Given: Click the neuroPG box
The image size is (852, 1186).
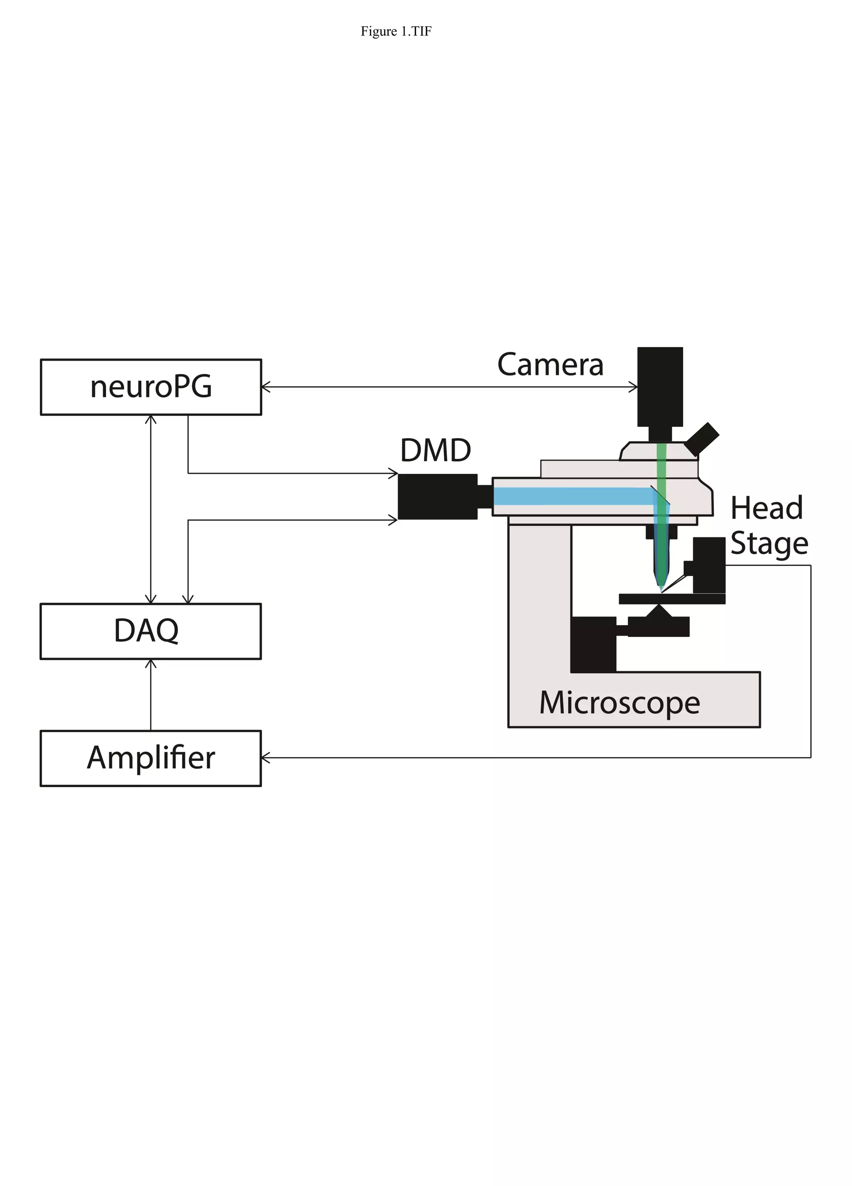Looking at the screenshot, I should pyautogui.click(x=151, y=387).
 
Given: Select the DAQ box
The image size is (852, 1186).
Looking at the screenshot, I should pyautogui.click(x=151, y=631).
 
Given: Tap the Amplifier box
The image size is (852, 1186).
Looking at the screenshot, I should pyautogui.click(x=151, y=758).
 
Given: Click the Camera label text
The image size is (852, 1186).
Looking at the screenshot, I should pyautogui.click(x=550, y=365).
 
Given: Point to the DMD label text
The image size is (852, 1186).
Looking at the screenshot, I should pyautogui.click(x=436, y=450).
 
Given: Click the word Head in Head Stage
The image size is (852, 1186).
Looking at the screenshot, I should pyautogui.click(x=766, y=508).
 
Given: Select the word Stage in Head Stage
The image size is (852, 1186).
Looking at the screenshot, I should pyautogui.click(x=768, y=543).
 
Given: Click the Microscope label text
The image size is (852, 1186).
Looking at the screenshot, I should pyautogui.click(x=619, y=702).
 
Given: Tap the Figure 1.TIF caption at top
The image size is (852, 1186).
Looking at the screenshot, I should pyautogui.click(x=396, y=31).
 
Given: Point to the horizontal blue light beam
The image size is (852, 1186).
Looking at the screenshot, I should pyautogui.click(x=570, y=496).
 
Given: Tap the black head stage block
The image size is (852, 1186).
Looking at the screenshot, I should pyautogui.click(x=709, y=565).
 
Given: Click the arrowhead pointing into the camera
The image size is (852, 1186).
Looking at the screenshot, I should pyautogui.click(x=634, y=387).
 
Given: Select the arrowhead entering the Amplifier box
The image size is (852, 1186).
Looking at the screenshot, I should pyautogui.click(x=265, y=757).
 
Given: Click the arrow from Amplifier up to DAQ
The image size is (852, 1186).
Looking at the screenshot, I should pyautogui.click(x=151, y=696).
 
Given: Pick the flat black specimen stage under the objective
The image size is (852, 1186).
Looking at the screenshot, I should pyautogui.click(x=672, y=599).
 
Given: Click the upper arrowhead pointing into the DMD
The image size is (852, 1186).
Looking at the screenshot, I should pyautogui.click(x=393, y=473).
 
